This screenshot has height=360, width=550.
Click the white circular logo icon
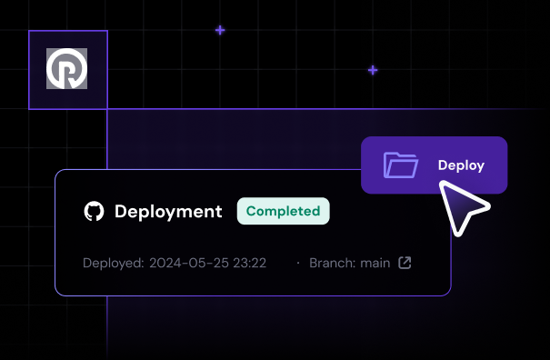[x=67, y=69]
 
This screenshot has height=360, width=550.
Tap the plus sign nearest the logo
[x=220, y=30]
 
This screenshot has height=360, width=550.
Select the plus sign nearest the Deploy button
[x=373, y=70]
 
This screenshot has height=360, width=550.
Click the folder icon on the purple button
[x=401, y=165]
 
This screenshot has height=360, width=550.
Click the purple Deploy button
[x=434, y=165]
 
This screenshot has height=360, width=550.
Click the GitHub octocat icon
[x=94, y=212]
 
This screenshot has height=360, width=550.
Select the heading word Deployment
[x=168, y=212]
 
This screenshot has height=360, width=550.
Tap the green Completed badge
[x=283, y=211]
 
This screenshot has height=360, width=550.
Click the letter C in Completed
[x=252, y=211]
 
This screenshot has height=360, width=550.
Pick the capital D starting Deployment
[x=121, y=212]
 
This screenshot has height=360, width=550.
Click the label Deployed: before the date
[x=113, y=264]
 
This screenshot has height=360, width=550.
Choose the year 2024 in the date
[x=165, y=264]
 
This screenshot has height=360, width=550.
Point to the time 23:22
[x=248, y=264]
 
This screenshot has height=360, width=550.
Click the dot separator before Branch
[x=298, y=264]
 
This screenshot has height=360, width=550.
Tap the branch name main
[x=375, y=264]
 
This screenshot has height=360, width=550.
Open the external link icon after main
[x=405, y=264]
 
